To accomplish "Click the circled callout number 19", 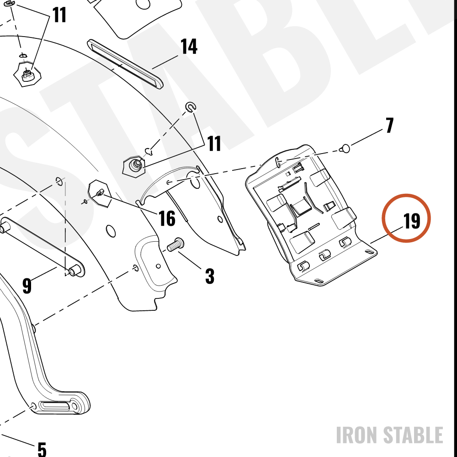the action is (x=412, y=221).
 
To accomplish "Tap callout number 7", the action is (x=390, y=125).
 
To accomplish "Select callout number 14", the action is (x=189, y=46).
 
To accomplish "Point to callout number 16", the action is (x=167, y=218).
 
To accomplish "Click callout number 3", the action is (x=210, y=276).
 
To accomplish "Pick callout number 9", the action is (x=27, y=286).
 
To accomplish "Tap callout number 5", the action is (x=42, y=449).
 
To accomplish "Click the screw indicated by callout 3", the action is (x=175, y=244).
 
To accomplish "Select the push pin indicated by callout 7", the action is (x=345, y=149).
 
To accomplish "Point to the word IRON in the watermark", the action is (x=357, y=435).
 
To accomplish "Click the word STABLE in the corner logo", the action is (x=413, y=435).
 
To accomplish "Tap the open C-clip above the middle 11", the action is (x=191, y=107).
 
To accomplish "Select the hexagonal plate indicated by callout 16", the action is (x=99, y=193).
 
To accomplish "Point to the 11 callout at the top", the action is (x=59, y=15).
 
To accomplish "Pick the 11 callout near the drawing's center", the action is (x=214, y=143).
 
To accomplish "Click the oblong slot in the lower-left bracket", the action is (x=55, y=406).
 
